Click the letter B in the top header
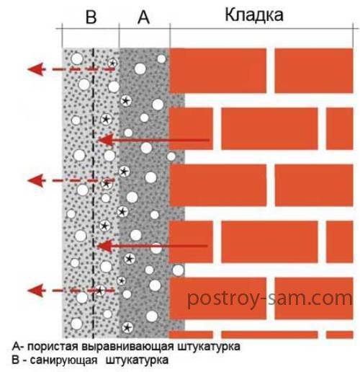pos(91,17)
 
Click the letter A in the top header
pos(143,17)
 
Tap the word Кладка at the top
pos(254,15)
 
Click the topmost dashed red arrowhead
pos(36,69)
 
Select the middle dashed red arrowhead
pos(36,180)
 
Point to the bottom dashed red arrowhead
pos(36,291)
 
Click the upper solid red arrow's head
pos(106,140)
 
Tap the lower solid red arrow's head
pos(104,246)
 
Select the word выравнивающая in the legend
pos(127,347)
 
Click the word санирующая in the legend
pos(63,360)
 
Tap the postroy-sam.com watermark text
pos(269,298)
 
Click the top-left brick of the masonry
pos(218,71)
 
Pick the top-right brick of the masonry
pos(314,71)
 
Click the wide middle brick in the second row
pos(269,128)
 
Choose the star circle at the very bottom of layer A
pos(127,327)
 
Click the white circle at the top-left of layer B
pos(77,58)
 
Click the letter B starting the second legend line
pos(16,360)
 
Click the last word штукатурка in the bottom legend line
pos(137,360)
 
